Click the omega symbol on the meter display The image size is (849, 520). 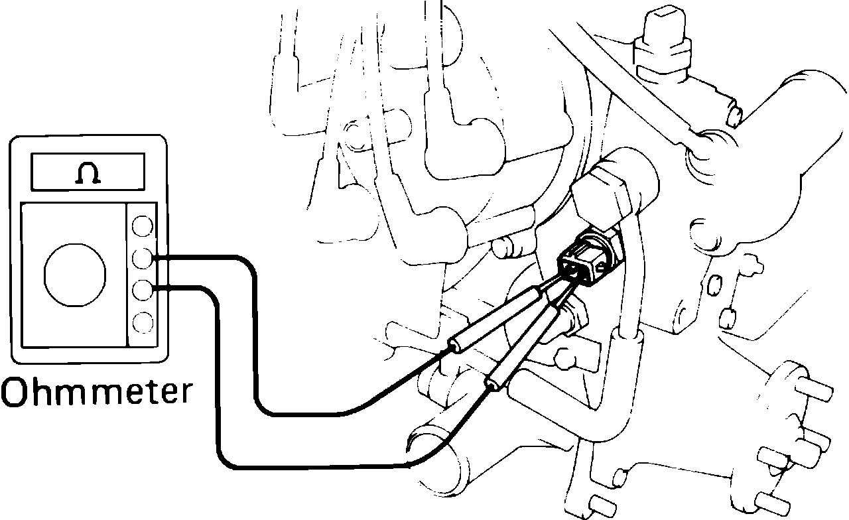coord(88,173)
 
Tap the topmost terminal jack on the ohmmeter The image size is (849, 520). coord(141,226)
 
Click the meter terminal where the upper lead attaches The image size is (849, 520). coord(142,257)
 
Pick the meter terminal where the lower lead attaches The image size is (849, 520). coord(142,289)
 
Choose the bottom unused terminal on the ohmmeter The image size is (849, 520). coord(141,322)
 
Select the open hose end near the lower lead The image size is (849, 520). coord(431,451)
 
